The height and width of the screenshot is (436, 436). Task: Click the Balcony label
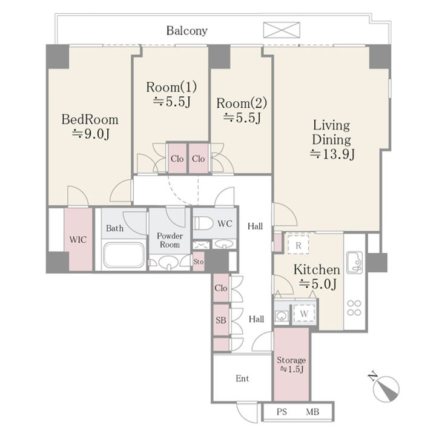pos(187,31)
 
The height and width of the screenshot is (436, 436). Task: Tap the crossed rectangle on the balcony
pos(282,30)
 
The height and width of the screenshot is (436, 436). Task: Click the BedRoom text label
pos(90,119)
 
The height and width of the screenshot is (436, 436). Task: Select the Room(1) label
pos(171,87)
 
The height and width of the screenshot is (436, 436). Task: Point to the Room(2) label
pos(242,103)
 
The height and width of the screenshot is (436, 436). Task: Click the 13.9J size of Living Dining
pos(332,154)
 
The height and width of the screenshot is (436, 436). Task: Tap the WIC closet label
pos(78,239)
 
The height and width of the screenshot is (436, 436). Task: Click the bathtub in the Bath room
pos(124,254)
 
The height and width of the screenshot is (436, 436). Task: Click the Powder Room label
pos(170,240)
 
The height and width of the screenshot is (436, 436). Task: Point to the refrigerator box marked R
pos(298,245)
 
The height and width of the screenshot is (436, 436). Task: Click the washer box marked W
pos(304,314)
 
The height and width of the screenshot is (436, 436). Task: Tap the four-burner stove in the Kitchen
pos(354,308)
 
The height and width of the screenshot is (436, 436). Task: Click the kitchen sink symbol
pos(354,262)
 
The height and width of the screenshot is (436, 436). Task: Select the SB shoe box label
pos(221,320)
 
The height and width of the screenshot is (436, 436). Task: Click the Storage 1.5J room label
pos(291,365)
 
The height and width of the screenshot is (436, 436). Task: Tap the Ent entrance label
pos(242,378)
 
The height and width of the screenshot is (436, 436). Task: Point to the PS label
pos(282,412)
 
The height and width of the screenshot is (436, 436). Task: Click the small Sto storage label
pos(198,262)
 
